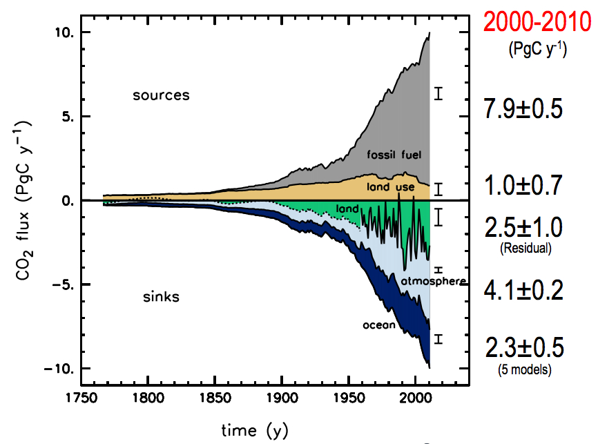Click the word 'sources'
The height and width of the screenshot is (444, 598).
(160, 95)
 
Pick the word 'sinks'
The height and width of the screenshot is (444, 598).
(161, 297)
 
